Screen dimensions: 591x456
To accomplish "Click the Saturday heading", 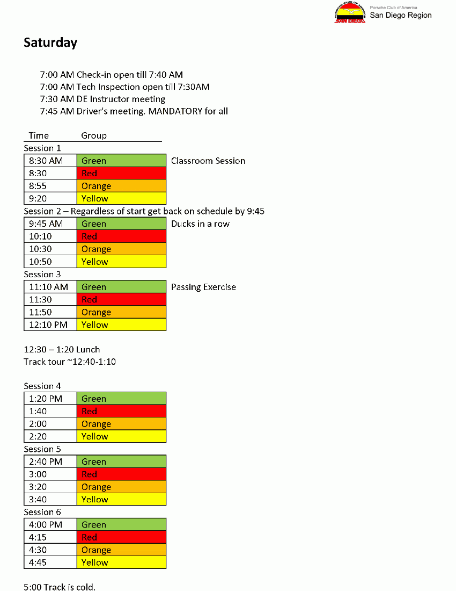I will click(50, 43).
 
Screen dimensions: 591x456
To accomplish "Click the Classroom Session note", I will click(208, 161).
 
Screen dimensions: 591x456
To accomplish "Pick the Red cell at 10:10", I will click(121, 236).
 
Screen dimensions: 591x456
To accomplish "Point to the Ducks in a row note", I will click(200, 224).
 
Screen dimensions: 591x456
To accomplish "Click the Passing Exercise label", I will click(203, 287).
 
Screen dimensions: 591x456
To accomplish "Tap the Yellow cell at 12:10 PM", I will click(121, 325).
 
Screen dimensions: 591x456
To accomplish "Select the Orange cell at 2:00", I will click(121, 424).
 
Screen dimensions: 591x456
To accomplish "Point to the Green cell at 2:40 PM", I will click(121, 462).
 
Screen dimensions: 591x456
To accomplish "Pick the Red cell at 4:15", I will click(121, 537).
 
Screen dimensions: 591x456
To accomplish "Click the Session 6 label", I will click(42, 512).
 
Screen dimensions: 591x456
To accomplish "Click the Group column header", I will click(94, 135).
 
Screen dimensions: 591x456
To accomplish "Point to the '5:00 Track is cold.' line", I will click(60, 587).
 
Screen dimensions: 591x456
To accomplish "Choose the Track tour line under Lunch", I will click(70, 362).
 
